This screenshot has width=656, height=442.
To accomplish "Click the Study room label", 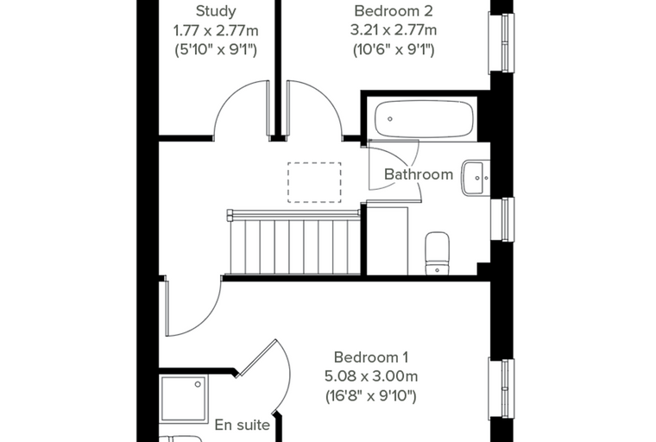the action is [216, 11].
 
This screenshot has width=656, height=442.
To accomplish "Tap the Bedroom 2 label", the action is [394, 11].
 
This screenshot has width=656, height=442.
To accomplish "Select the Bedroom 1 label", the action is [371, 357].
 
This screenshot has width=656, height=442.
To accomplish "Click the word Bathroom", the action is [419, 174].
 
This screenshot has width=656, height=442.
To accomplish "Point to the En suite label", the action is [243, 425].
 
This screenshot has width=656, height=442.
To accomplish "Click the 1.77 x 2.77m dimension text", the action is [216, 30].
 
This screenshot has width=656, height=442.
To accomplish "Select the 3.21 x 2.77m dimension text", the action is [394, 30].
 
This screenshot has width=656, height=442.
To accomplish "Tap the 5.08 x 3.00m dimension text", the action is [371, 376].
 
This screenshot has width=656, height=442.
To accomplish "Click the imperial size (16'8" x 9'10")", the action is [371, 395].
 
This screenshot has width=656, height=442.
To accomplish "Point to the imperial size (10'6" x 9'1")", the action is [394, 50].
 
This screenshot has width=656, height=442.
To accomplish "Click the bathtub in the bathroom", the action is [424, 119].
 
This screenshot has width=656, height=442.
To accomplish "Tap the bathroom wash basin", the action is [476, 178].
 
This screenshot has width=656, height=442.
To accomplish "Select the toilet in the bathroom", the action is [438, 254].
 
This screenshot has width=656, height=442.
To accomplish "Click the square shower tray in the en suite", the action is [184, 400].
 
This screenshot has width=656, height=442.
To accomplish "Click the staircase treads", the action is [295, 247].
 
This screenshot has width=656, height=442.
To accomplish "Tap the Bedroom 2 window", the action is [501, 42].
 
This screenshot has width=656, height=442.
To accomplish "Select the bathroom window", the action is [502, 219].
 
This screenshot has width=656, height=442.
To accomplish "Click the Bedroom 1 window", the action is [501, 388].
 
